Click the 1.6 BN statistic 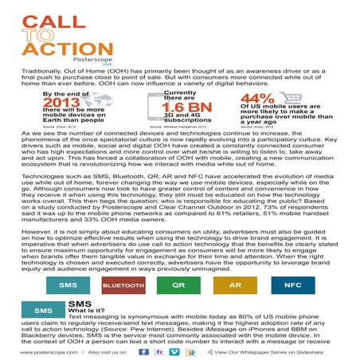[x=184, y=108]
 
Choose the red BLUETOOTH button [x=123, y=284]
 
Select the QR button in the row [x=178, y=284]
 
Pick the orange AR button [x=234, y=284]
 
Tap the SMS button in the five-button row [x=68, y=284]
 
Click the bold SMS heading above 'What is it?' [x=80, y=303]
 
